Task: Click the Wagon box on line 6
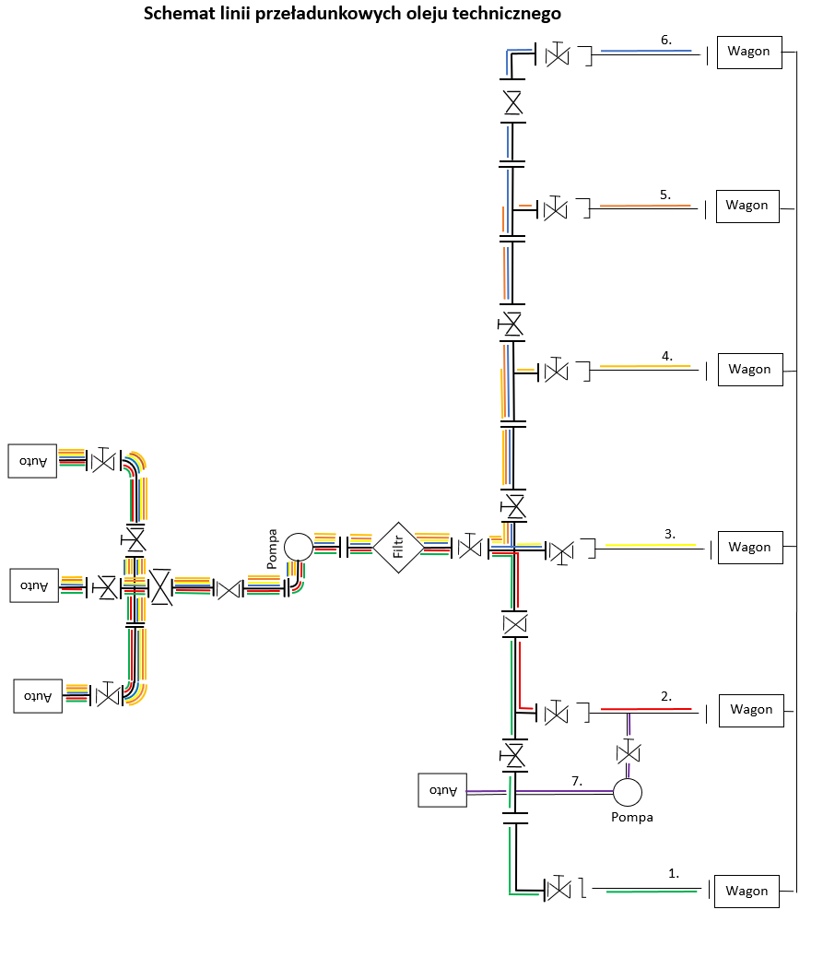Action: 748,51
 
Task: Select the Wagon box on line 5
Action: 747,205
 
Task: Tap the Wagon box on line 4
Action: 749,369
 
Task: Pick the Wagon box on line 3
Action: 749,547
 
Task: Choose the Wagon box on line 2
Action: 751,709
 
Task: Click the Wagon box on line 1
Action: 746,891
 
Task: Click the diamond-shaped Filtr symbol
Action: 398,548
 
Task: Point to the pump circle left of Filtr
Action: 299,547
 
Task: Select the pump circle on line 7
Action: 628,791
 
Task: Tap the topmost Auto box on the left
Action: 34,461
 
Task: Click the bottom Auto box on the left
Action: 38,695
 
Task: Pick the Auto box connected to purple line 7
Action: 442,790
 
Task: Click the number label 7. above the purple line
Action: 577,781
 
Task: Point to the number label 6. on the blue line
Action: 667,40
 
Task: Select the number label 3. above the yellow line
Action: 670,534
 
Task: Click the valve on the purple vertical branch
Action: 629,751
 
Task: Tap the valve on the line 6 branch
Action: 558,56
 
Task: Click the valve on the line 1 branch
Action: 558,890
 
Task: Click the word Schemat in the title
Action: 174,15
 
